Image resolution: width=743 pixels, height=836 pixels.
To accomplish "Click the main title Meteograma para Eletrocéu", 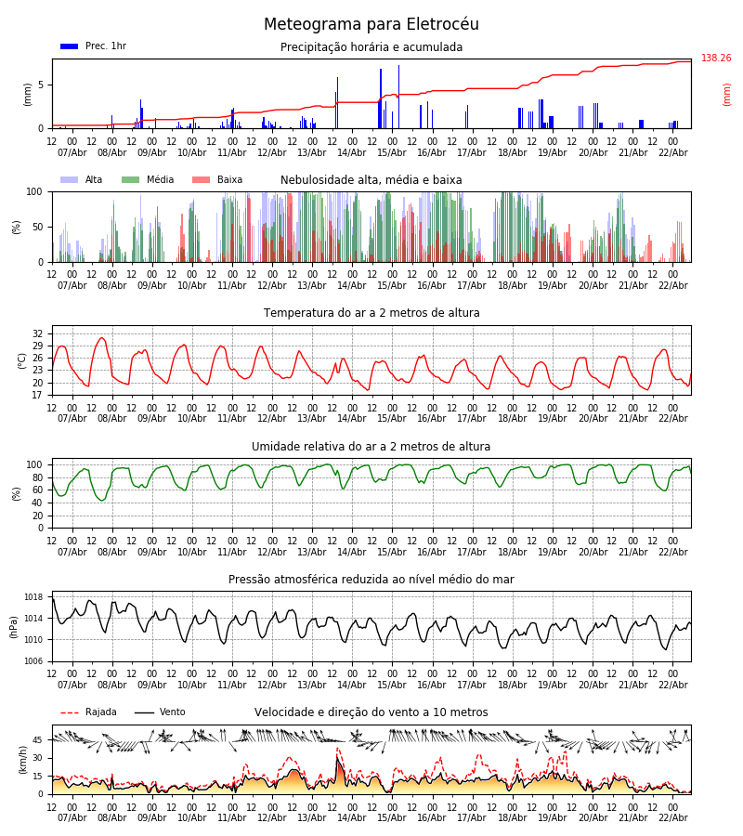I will click(371, 25).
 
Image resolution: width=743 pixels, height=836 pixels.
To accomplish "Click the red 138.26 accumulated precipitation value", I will click(716, 59).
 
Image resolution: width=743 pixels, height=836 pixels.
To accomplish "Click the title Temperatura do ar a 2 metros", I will click(371, 313).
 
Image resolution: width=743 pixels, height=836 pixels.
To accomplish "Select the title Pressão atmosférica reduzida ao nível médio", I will click(371, 580).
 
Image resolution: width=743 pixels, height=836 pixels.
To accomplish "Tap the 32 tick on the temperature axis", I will click(38, 333).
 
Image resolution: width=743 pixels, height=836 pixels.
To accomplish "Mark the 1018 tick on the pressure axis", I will click(33, 597).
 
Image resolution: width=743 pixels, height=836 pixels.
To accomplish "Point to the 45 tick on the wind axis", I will click(38, 740).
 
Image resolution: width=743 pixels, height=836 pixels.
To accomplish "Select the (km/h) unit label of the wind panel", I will click(22, 759).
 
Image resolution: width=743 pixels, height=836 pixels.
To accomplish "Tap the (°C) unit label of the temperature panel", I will click(22, 359).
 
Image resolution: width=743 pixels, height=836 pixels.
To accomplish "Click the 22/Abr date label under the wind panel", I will click(672, 818).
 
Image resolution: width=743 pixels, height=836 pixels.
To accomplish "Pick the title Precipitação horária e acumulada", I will click(371, 47).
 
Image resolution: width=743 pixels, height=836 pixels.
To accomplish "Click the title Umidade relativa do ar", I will click(371, 447).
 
